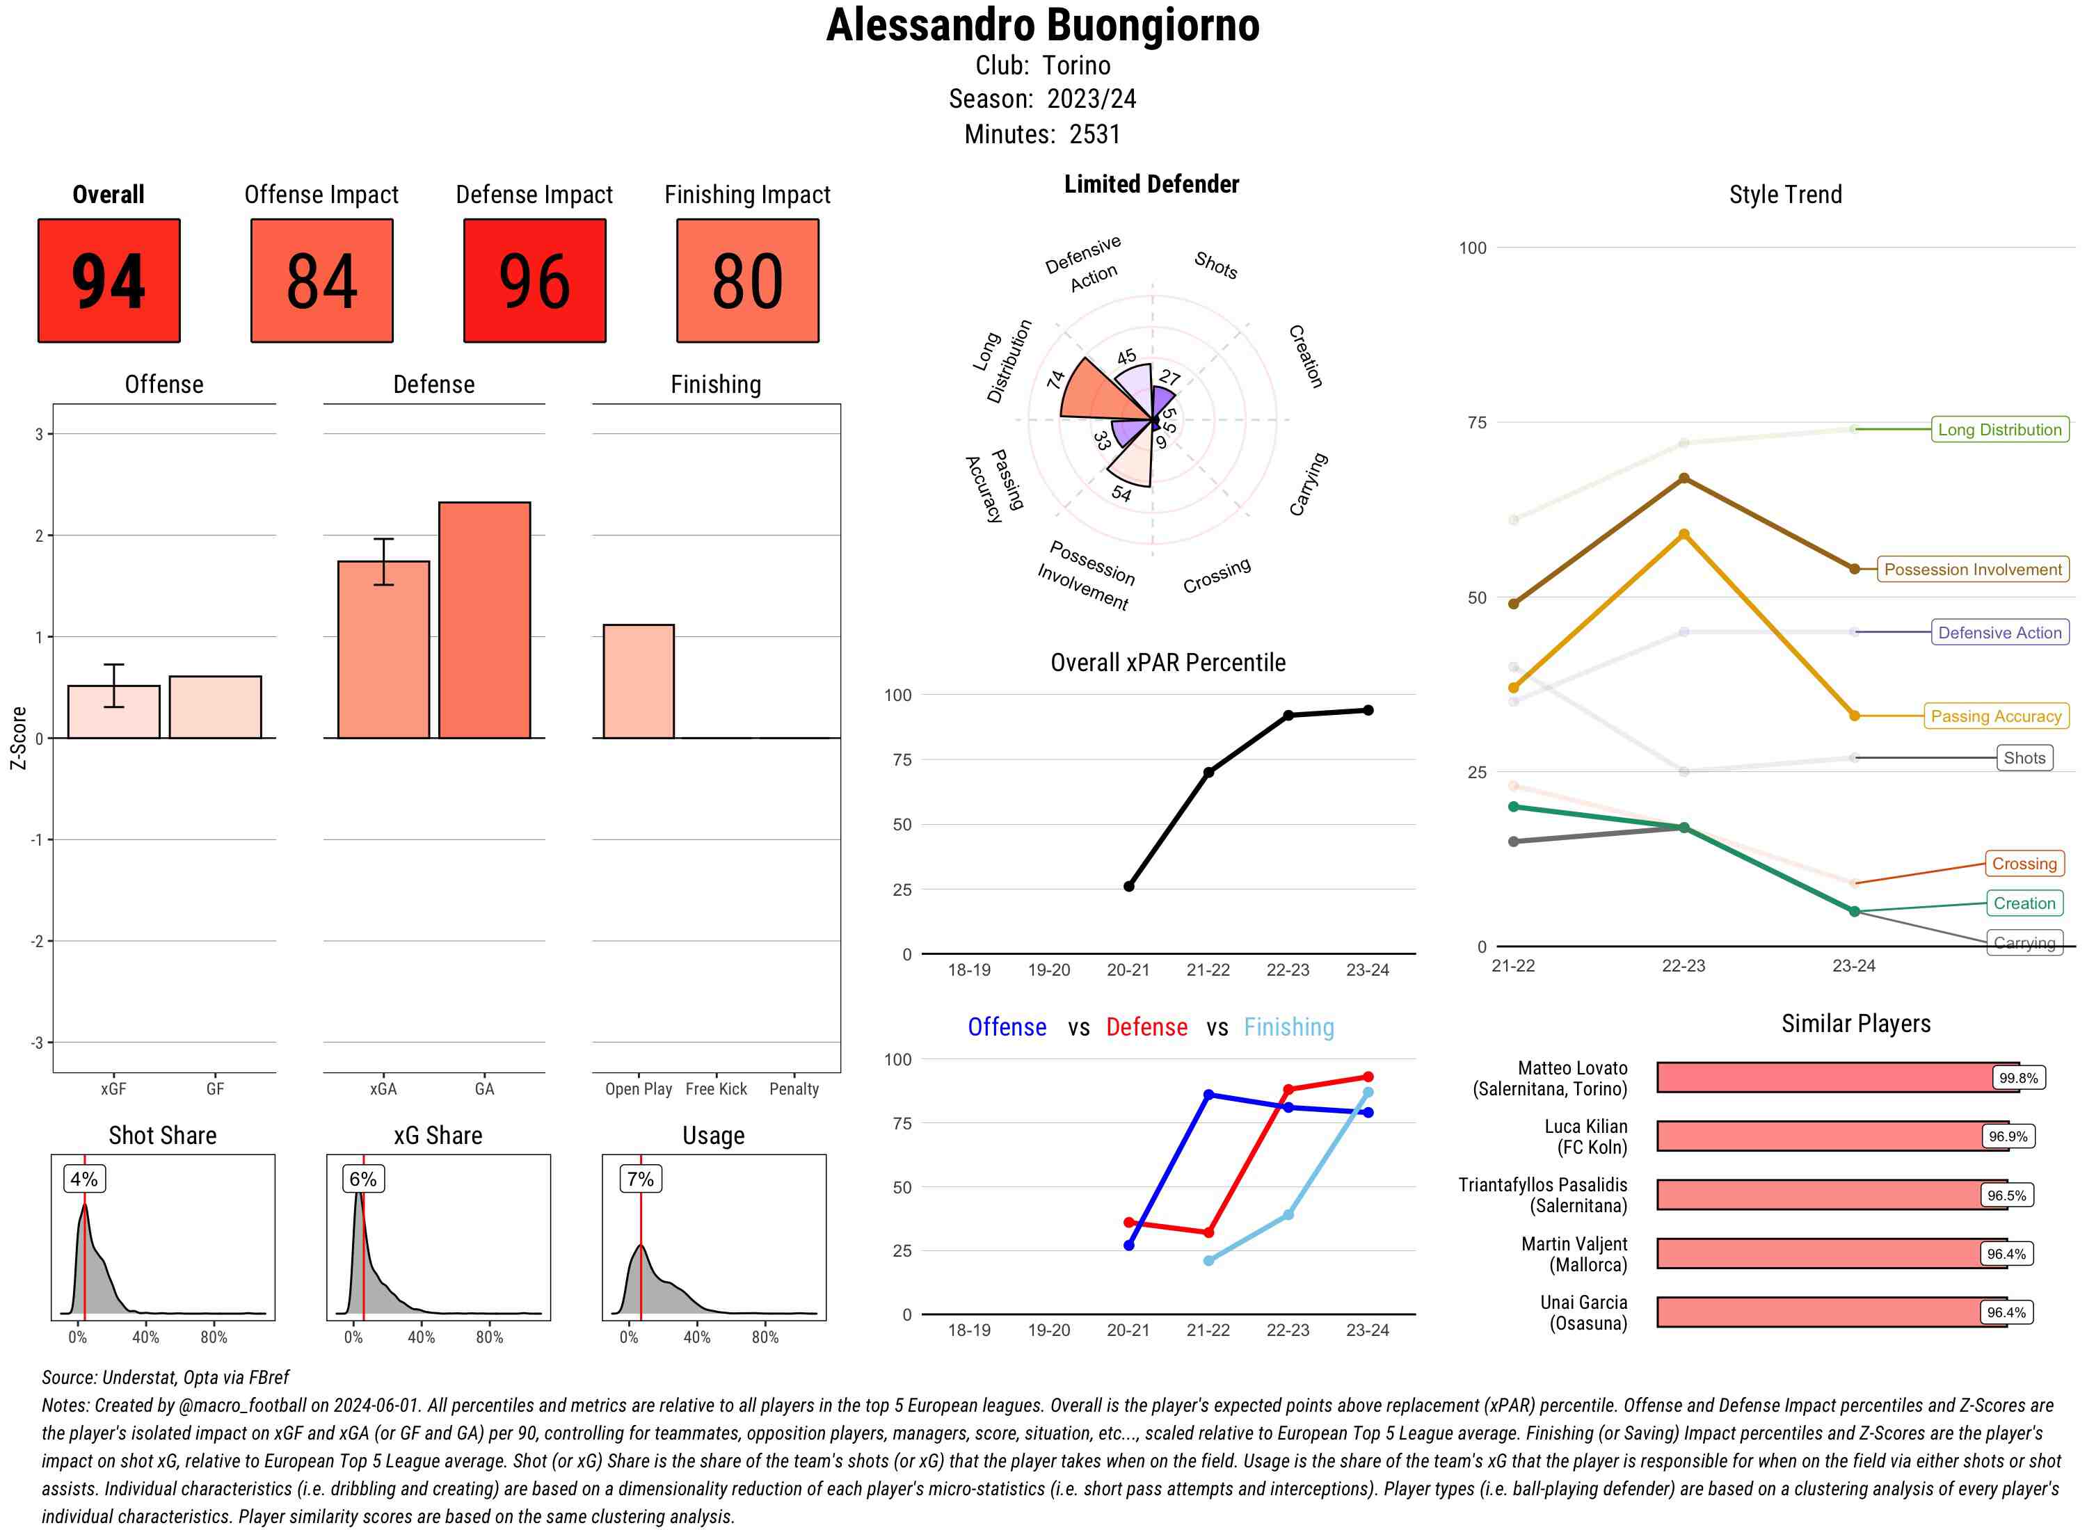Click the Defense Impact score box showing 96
534,281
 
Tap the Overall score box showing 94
109,281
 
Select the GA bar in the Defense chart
484,620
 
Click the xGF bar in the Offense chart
114,711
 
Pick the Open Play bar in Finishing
638,682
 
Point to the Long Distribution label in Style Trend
1999,430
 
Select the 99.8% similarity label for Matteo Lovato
2017,1078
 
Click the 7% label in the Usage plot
640,1179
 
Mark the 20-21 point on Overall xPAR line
1128,886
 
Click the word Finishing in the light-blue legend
1288,1027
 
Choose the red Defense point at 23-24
1367,1077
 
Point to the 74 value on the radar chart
1056,380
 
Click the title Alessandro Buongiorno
1043,26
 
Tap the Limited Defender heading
1151,184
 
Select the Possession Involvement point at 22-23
1683,478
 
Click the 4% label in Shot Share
84,1179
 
